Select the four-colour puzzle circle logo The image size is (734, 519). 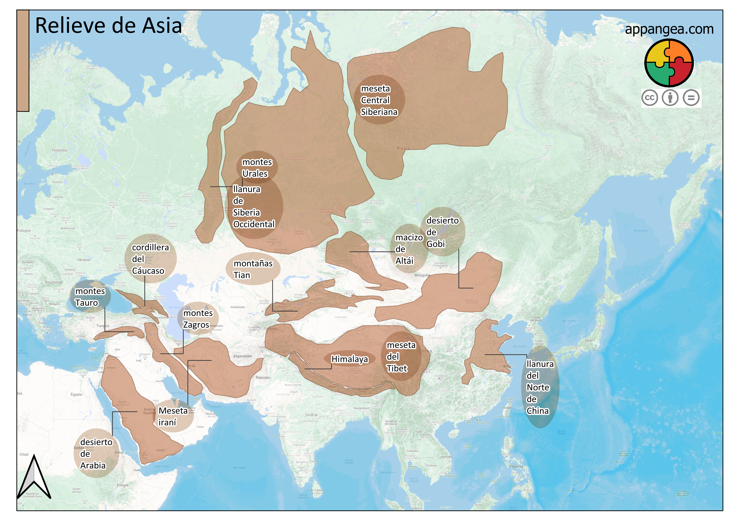point(669,63)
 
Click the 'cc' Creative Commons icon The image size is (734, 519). point(650,98)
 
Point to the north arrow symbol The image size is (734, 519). point(34,478)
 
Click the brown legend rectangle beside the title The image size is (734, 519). point(23,61)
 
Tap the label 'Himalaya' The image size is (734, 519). point(349,359)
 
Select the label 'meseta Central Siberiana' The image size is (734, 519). point(379,100)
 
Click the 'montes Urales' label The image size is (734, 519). point(257,168)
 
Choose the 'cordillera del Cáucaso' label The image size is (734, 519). point(150,259)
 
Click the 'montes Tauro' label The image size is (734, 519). point(90,297)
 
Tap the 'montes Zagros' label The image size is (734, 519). point(198,319)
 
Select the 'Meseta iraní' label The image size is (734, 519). point(173,416)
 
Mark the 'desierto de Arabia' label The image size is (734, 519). point(96,454)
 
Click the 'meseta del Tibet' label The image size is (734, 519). point(401,357)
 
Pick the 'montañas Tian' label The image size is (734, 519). point(253,269)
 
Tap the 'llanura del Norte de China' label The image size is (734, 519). point(540,387)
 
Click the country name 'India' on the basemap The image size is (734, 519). point(311,415)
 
